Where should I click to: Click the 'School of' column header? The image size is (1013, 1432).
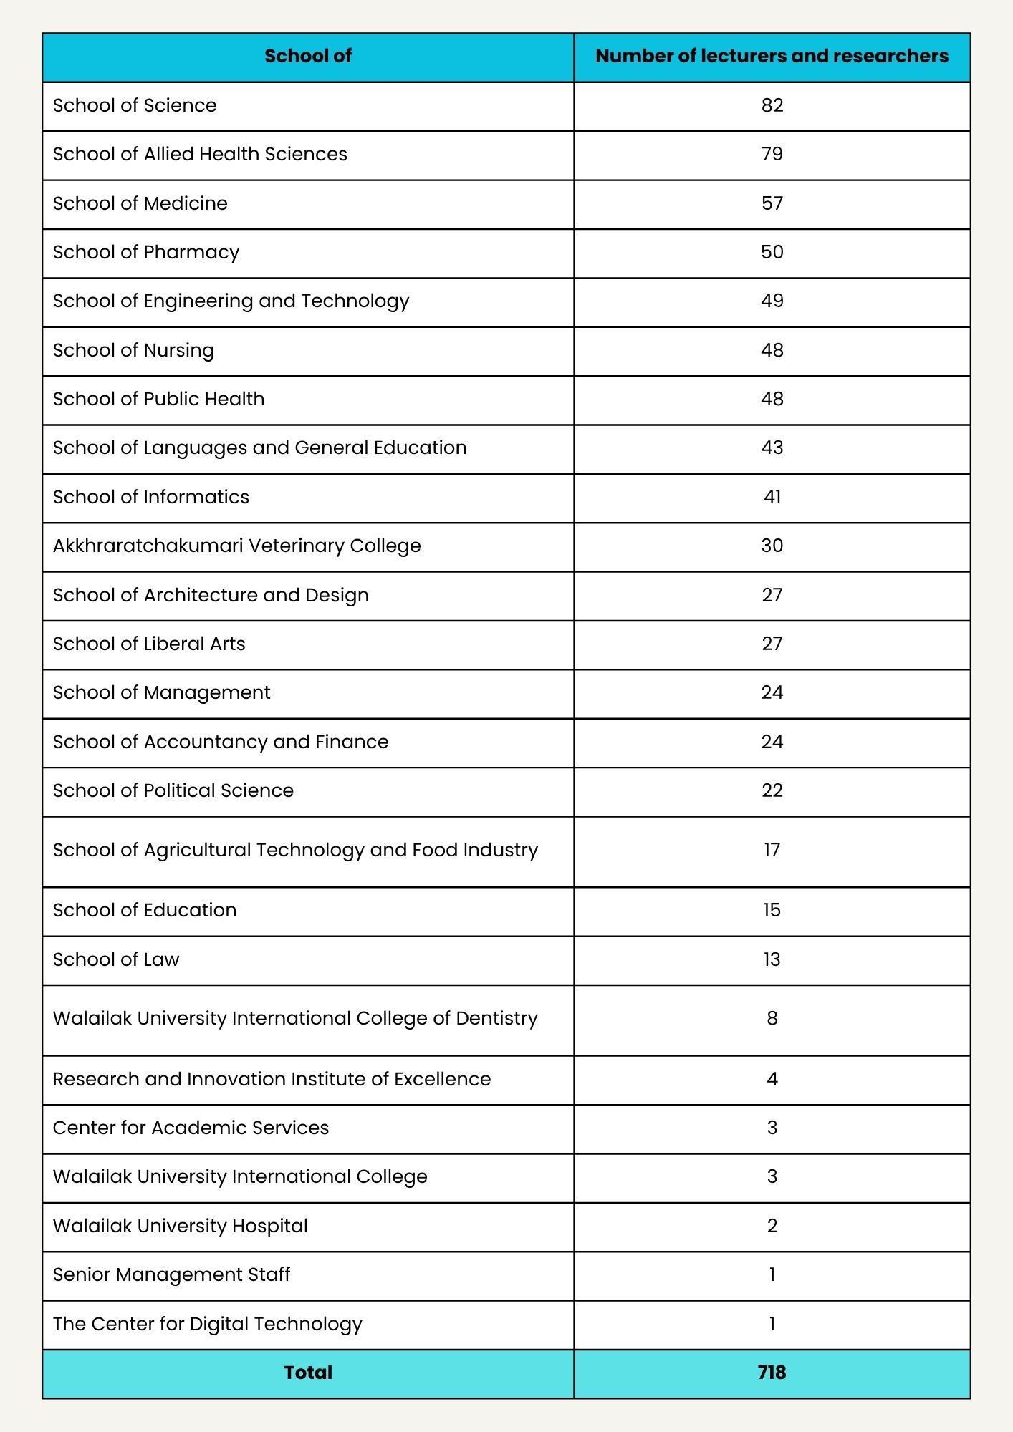pos(308,56)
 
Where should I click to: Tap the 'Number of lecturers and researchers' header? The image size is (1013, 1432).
pos(772,56)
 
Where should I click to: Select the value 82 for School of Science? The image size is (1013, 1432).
pos(772,105)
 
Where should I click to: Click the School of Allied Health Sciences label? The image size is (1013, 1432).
pos(200,154)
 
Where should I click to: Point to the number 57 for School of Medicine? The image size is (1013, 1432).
pos(772,203)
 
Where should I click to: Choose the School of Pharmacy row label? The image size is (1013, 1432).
pos(146,252)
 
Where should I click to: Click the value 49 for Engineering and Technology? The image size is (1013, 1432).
pos(772,301)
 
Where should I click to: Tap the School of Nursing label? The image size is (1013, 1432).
pos(133,350)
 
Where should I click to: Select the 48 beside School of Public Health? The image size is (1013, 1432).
pos(772,399)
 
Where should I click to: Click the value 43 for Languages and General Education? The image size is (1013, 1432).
pos(772,447)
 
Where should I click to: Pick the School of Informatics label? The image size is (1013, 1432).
pos(151,497)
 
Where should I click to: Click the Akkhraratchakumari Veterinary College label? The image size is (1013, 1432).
pos(236,546)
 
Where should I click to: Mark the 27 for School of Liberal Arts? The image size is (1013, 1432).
pos(772,644)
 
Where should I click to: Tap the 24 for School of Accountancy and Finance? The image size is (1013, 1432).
pos(772,742)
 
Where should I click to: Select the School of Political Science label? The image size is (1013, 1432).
pos(173,790)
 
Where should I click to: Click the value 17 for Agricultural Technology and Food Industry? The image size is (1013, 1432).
pos(772,850)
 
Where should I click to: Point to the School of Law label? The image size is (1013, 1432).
pos(116,959)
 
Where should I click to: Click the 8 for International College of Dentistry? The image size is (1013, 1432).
pos(772,1018)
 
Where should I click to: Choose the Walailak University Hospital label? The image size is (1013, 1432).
pos(181,1226)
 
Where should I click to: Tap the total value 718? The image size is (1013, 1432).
pos(772,1373)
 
